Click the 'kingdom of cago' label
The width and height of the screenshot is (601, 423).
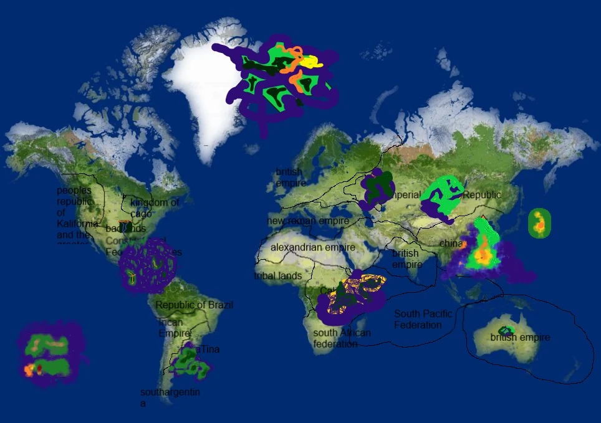pos(154,208)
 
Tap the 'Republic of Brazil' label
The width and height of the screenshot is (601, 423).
pos(194,305)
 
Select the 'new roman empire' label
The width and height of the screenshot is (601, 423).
pos(308,221)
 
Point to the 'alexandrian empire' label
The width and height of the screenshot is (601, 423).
pos(312,247)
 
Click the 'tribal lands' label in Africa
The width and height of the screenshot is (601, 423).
pos(278,276)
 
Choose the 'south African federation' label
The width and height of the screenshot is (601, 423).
pos(342,338)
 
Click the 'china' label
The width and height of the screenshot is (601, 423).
pos(451,243)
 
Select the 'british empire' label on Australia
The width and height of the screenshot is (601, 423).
pos(520,338)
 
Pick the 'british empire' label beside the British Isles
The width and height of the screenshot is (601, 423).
pos(290,178)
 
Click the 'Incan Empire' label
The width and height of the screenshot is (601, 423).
pos(172,328)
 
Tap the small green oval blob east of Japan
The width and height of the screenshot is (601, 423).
pos(539,223)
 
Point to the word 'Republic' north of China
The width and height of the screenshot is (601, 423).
pos(482,195)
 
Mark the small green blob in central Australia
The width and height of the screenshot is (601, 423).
pos(506,330)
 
